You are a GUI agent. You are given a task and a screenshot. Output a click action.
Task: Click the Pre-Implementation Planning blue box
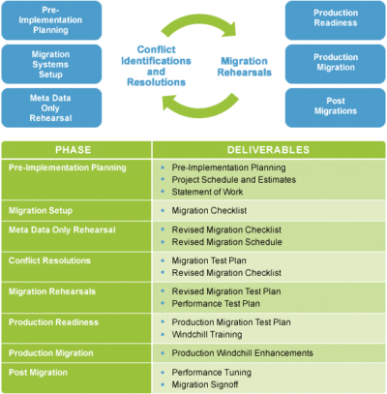[x=51, y=20]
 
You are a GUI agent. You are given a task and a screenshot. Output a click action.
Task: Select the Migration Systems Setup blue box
[x=51, y=64]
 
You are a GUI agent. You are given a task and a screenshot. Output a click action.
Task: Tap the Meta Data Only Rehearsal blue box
[x=51, y=107]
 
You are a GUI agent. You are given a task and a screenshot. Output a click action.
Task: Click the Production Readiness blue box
[x=336, y=20]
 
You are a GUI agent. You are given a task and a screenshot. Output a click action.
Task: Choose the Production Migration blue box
[x=336, y=64]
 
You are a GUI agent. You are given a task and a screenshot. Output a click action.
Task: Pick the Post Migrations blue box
[x=336, y=107]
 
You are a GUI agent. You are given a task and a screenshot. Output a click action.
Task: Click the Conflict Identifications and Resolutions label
[x=156, y=66]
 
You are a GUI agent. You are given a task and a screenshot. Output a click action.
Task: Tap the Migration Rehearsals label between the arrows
[x=245, y=67]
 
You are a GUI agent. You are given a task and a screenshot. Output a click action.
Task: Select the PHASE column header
[x=74, y=150]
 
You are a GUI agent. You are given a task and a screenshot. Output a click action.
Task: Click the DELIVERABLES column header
[x=268, y=150]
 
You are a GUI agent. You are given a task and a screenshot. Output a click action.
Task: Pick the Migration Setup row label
[x=41, y=211]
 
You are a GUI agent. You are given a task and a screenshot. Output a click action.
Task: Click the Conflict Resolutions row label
[x=49, y=260]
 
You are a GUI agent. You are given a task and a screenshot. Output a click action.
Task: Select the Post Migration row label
[x=38, y=373]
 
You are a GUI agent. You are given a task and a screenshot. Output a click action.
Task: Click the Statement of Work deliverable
[x=207, y=192]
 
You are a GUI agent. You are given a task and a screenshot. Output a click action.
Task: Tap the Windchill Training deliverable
[x=207, y=335]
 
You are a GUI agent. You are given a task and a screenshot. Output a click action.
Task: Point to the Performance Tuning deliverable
[x=212, y=373]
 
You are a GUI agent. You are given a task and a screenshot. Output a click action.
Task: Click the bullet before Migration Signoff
[x=163, y=384]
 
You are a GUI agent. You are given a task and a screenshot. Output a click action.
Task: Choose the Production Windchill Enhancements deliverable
[x=242, y=353]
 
